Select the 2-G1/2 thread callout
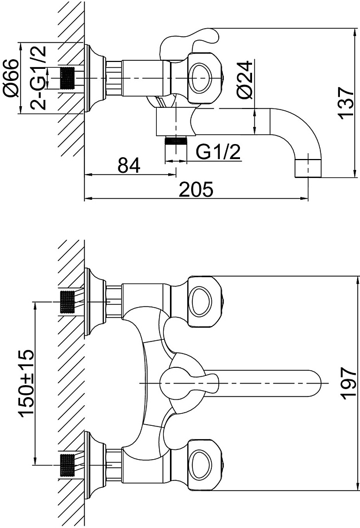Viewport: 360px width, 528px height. point(37,78)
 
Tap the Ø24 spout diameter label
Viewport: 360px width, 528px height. point(245,80)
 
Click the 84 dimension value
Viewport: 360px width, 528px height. point(129,165)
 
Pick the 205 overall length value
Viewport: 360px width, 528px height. point(196,189)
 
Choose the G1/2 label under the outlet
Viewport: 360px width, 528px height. point(218,152)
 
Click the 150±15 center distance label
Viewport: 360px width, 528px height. point(26,383)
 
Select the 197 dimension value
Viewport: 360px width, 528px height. point(347,383)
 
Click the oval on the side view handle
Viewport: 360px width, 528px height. point(200,78)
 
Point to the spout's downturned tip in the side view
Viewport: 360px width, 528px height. point(308,168)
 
